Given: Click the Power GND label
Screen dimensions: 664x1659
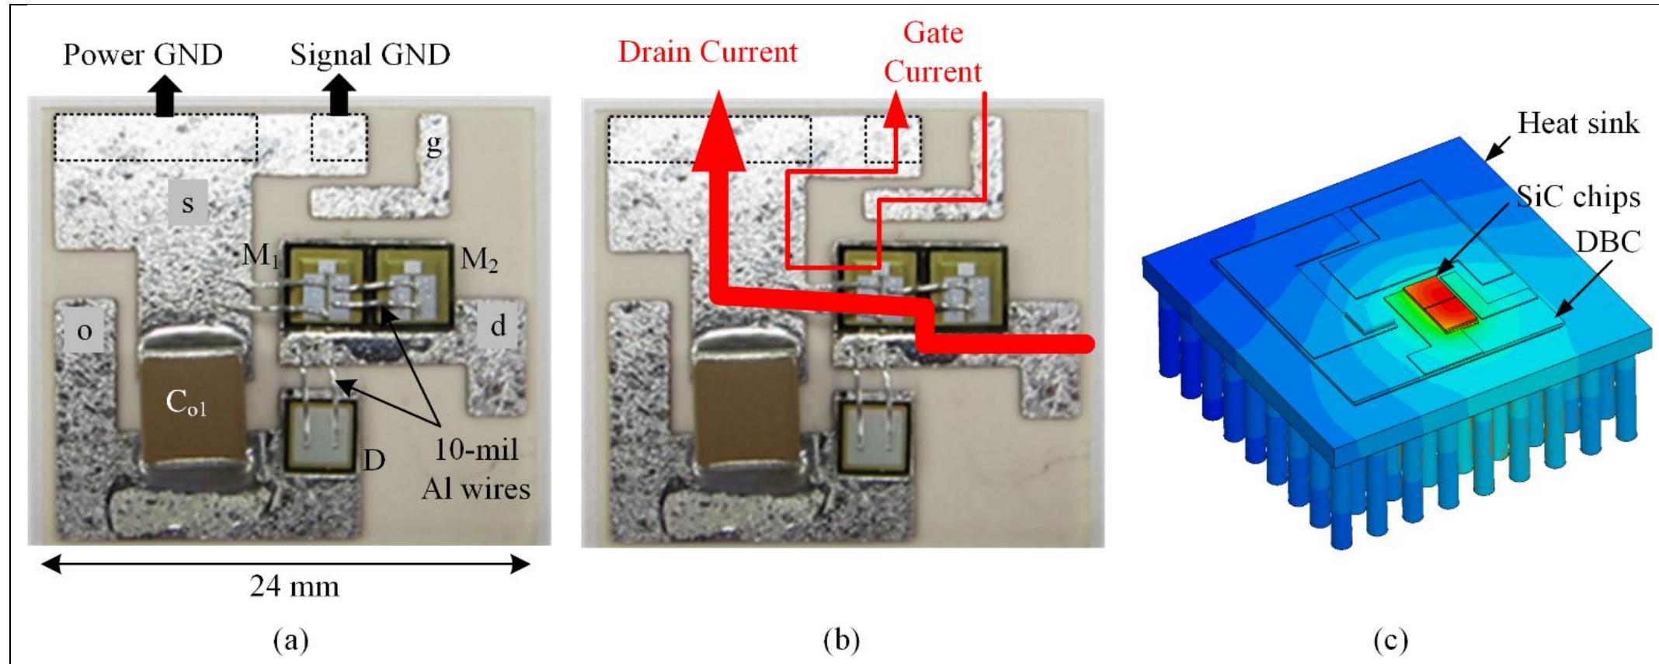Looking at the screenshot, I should point(142,54).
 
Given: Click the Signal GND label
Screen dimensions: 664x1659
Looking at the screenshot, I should point(370,54).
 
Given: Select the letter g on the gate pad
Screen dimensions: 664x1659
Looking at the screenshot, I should point(434,143).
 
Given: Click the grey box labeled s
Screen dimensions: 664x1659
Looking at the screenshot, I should point(187,203).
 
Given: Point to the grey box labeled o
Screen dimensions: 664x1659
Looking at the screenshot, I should point(84,332).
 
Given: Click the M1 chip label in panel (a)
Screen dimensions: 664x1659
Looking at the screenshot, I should point(260,254).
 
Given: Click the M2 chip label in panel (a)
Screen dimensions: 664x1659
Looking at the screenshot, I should point(478,259).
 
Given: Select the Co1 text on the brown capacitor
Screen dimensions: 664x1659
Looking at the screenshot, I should point(186,402).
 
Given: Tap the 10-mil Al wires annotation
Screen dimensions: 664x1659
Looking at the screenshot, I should point(475,469).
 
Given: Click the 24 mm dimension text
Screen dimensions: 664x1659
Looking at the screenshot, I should point(294,586).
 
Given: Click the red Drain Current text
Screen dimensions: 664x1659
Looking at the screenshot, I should point(707,52).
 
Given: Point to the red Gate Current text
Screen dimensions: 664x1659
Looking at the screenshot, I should point(932,52).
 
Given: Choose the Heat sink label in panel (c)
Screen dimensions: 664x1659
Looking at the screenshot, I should point(1577,123).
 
